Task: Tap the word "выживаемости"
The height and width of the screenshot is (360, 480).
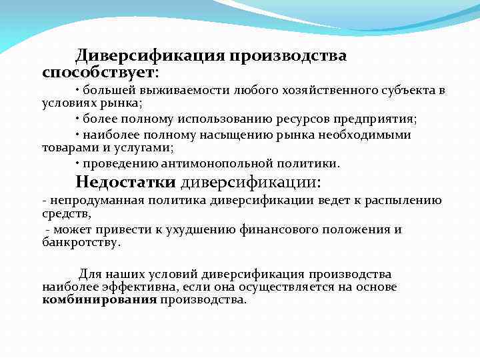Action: [191, 91]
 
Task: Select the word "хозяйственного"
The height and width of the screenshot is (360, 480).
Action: [331, 91]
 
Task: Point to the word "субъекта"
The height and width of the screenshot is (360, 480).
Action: [409, 91]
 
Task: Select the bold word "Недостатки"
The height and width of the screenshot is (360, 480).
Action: [125, 182]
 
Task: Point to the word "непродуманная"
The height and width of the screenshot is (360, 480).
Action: [89, 201]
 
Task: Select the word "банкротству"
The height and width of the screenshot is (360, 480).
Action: [81, 243]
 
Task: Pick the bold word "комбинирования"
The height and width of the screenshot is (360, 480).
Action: [99, 300]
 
